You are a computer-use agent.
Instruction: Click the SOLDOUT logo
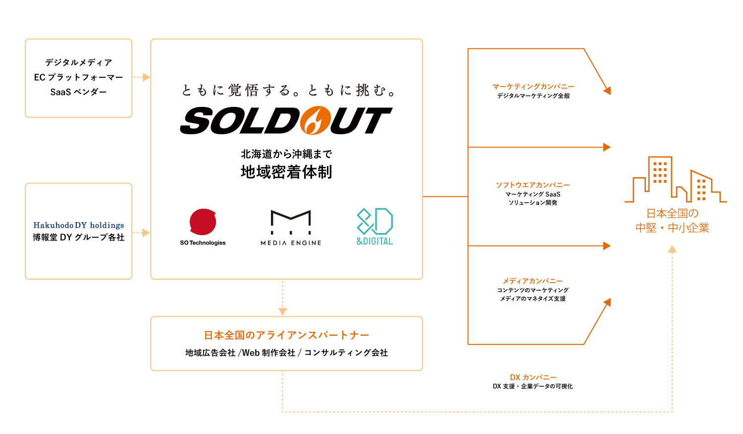[286, 121]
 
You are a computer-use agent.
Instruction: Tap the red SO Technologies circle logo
[203, 222]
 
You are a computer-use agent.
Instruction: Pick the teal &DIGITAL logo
[374, 227]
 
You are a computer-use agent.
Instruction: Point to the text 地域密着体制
[286, 172]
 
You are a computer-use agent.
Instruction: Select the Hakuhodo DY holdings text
[79, 225]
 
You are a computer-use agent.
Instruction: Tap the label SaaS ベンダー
[78, 92]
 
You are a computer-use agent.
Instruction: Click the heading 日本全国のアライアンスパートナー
[286, 335]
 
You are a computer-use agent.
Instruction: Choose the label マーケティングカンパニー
[533, 87]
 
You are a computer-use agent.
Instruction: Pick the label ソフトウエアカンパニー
[533, 185]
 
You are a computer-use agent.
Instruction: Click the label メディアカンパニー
[533, 281]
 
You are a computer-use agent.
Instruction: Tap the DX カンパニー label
[533, 377]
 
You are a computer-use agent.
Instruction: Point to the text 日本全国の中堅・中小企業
[672, 221]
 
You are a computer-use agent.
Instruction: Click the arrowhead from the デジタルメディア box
[146, 77]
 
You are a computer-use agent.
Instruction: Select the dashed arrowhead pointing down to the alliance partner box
[283, 311]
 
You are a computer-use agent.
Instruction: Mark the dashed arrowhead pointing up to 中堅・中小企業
[672, 250]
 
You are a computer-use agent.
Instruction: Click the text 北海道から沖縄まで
[286, 154]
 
